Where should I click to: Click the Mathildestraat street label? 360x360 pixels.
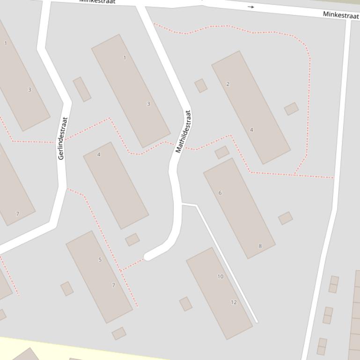tap(184, 131)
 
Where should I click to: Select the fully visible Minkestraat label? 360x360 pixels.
tap(341, 15)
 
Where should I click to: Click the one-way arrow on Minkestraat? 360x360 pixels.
tap(251, 7)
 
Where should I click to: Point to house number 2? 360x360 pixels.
tap(228, 84)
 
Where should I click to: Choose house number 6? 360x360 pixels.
tap(220, 193)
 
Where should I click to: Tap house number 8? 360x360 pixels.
tap(260, 246)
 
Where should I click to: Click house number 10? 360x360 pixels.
tap(220, 276)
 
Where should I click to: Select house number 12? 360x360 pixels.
tap(234, 302)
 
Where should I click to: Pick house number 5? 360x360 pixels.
tap(100, 260)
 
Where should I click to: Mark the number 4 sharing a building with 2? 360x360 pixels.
tap(251, 130)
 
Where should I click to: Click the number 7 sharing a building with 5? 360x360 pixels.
tap(113, 285)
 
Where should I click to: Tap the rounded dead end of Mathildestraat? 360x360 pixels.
tap(148, 256)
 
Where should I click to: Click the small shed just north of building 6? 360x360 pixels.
tap(222, 152)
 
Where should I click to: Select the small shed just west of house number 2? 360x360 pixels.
tap(201, 86)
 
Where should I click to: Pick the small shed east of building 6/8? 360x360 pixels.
tap(285, 218)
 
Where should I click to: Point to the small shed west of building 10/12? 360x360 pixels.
tap(185, 303)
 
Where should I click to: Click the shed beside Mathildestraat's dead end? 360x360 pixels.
tap(132, 240)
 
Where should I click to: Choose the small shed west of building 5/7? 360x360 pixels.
tap(67, 288)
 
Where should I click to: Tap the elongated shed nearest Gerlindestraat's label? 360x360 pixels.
tap(82, 89)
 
